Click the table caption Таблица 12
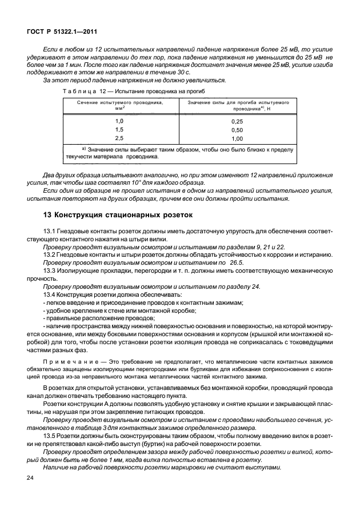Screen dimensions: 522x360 tap(77, 91)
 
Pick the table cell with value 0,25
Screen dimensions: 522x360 tap(237, 122)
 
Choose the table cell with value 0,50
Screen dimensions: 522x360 tap(237, 130)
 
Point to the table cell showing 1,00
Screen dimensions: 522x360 tap(237, 139)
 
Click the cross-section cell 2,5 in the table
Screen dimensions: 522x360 tap(119, 138)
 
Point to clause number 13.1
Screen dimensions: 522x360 tap(50, 230)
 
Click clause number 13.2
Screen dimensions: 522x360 tap(50, 254)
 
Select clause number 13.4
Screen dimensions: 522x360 tap(50, 294)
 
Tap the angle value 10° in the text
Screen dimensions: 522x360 tap(138, 182)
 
